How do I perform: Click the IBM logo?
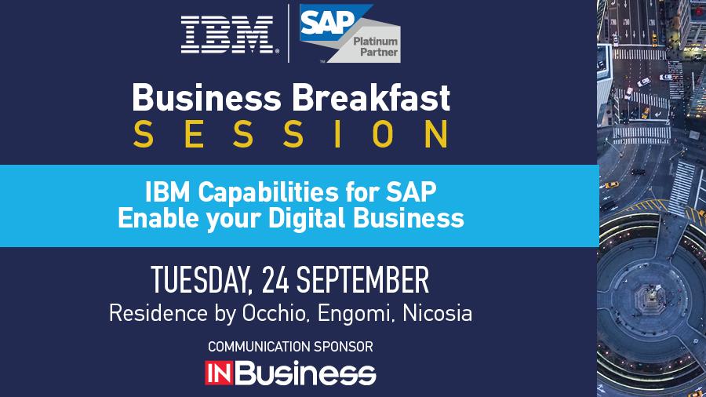click(227, 35)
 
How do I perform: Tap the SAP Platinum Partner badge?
click(349, 35)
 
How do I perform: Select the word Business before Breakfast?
click(207, 99)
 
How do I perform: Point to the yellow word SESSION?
click(290, 134)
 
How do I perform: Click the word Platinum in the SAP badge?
click(375, 40)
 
